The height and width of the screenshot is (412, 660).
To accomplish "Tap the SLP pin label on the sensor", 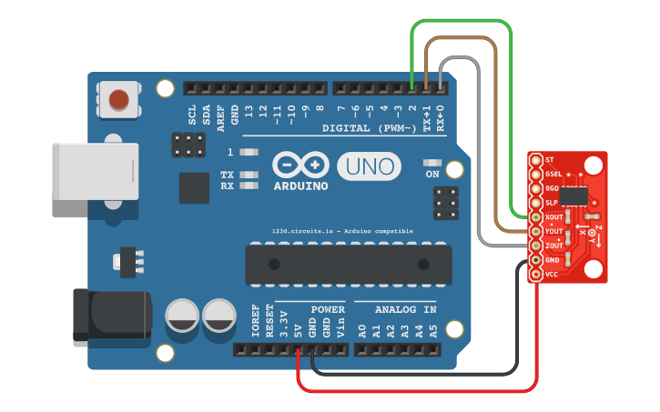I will (x=551, y=202).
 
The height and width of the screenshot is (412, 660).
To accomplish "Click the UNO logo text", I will (x=370, y=166).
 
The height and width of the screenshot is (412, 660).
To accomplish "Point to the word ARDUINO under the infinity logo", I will (x=301, y=186).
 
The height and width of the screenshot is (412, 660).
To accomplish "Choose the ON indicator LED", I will (x=432, y=164).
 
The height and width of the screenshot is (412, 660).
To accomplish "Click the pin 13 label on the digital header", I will (x=249, y=113).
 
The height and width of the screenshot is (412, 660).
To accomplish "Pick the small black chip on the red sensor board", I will (x=574, y=195).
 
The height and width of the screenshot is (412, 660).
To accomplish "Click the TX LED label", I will (x=227, y=174).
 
